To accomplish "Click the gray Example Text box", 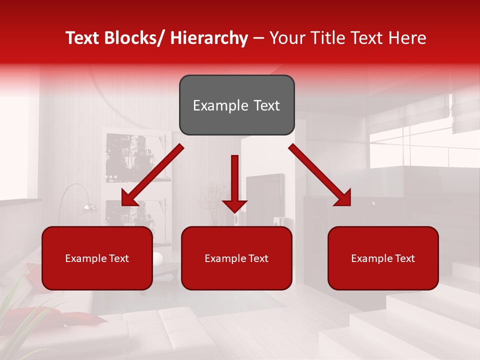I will tap(236, 105).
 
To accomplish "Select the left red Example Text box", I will tap(97, 258).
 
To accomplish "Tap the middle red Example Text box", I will tap(236, 258).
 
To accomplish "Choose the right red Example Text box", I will tap(383, 258).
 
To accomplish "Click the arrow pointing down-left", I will tap(152, 175).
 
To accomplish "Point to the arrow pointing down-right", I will tap(320, 175).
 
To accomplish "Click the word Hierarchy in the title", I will tap(209, 38).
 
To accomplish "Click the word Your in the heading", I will tap(286, 38).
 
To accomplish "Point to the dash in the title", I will tap(258, 38).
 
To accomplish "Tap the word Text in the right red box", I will tap(404, 258).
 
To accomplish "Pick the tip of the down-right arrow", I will tap(350, 205).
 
